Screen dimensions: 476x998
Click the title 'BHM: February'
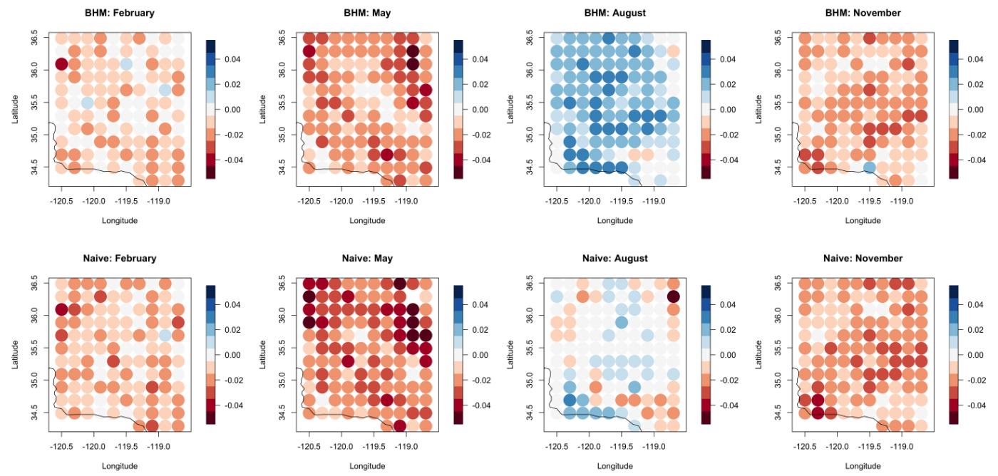point(119,13)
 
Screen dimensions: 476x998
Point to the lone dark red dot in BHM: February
point(61,64)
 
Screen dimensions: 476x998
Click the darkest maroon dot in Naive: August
point(674,296)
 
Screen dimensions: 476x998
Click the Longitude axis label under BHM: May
point(367,220)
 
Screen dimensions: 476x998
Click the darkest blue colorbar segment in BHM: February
point(210,46)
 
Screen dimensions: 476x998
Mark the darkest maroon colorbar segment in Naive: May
point(458,418)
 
